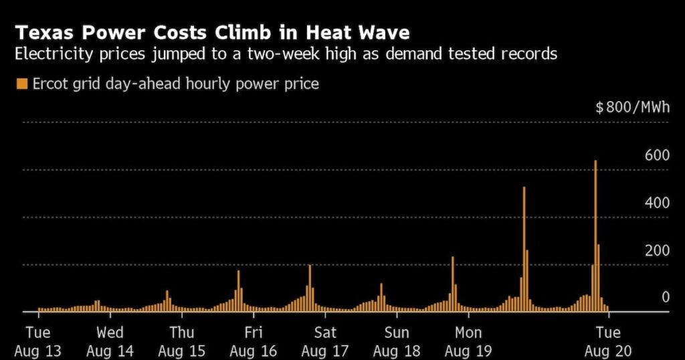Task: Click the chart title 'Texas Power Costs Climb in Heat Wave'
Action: point(213,32)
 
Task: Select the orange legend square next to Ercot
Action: point(21,84)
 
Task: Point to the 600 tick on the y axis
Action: point(657,155)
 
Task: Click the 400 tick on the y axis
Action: point(657,203)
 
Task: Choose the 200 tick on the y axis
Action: point(657,250)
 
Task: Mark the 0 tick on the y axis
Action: point(666,297)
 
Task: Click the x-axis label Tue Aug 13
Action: point(38,341)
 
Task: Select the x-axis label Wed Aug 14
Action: point(110,341)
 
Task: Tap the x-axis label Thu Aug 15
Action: point(181,341)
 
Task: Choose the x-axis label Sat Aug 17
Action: point(325,341)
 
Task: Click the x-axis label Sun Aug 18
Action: point(397,341)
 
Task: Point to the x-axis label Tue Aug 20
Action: point(607,341)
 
